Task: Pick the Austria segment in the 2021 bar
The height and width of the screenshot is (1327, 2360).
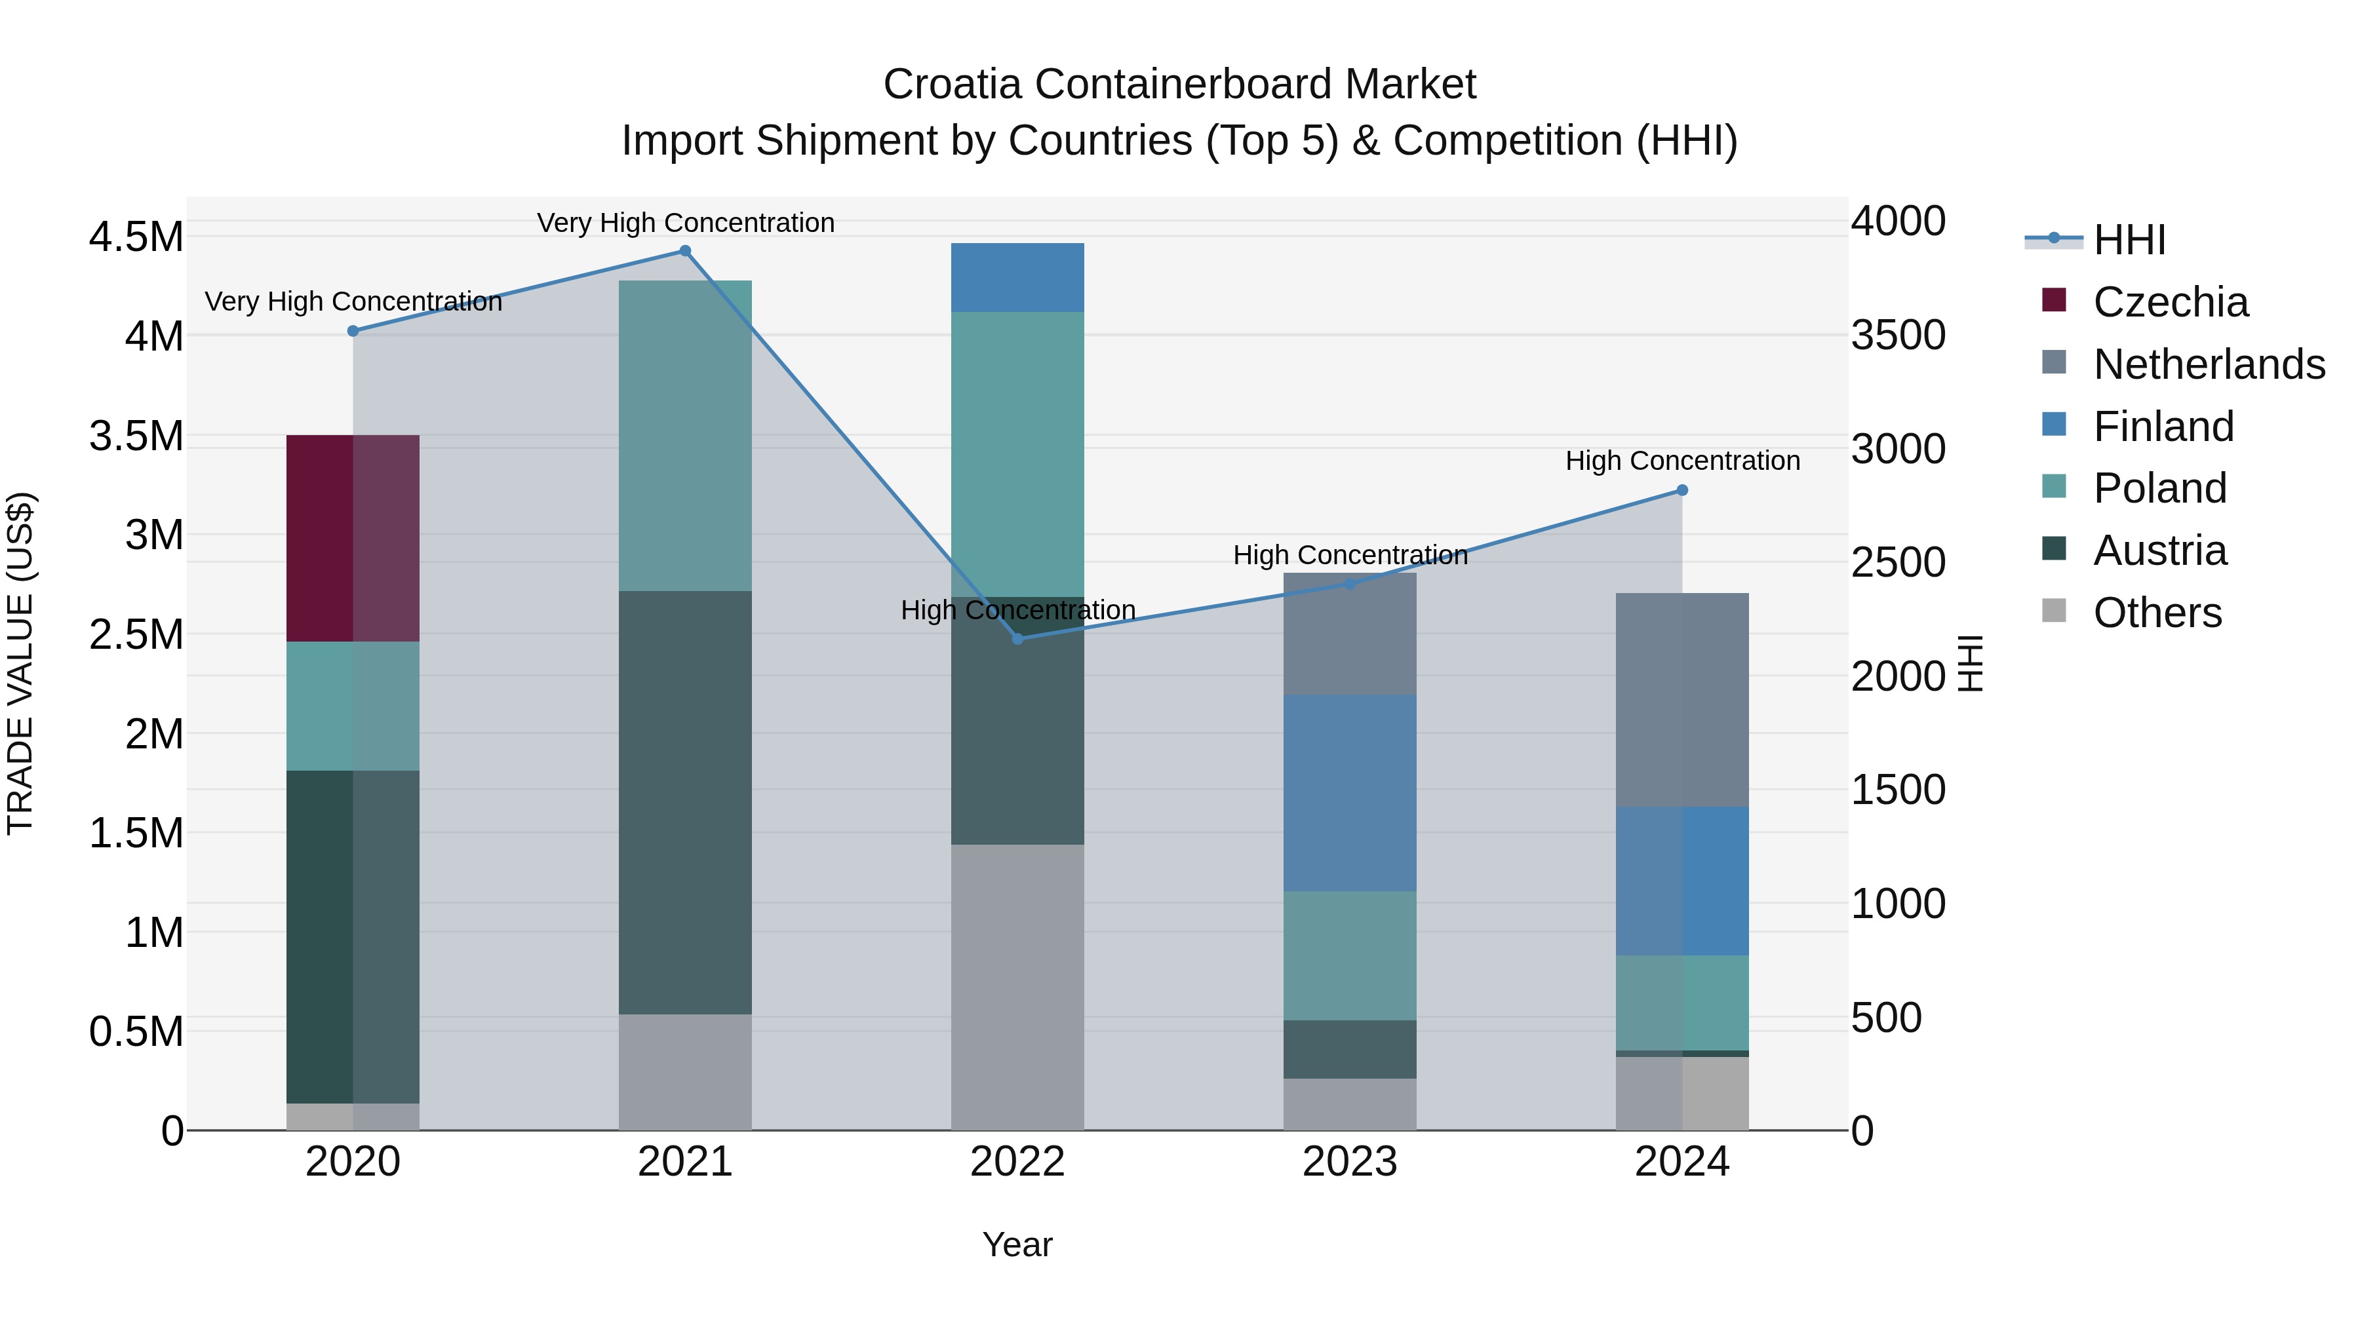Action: pyautogui.click(x=684, y=801)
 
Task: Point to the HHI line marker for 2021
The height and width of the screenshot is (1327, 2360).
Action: pyautogui.click(x=684, y=251)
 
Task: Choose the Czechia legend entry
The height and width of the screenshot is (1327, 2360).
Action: pyautogui.click(x=2169, y=302)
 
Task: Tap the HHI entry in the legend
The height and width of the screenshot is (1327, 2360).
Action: pyautogui.click(x=2128, y=240)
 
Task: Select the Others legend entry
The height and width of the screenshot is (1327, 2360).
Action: pyautogui.click(x=2157, y=613)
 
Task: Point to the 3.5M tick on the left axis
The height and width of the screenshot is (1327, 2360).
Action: pyautogui.click(x=136, y=436)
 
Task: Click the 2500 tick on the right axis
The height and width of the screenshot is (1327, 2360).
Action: pyautogui.click(x=1897, y=562)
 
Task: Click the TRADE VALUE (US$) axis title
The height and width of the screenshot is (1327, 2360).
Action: pyautogui.click(x=21, y=663)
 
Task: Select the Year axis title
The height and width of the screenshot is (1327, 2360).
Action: pyautogui.click(x=1017, y=1244)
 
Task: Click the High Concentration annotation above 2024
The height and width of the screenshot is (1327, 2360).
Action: pyautogui.click(x=1682, y=461)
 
